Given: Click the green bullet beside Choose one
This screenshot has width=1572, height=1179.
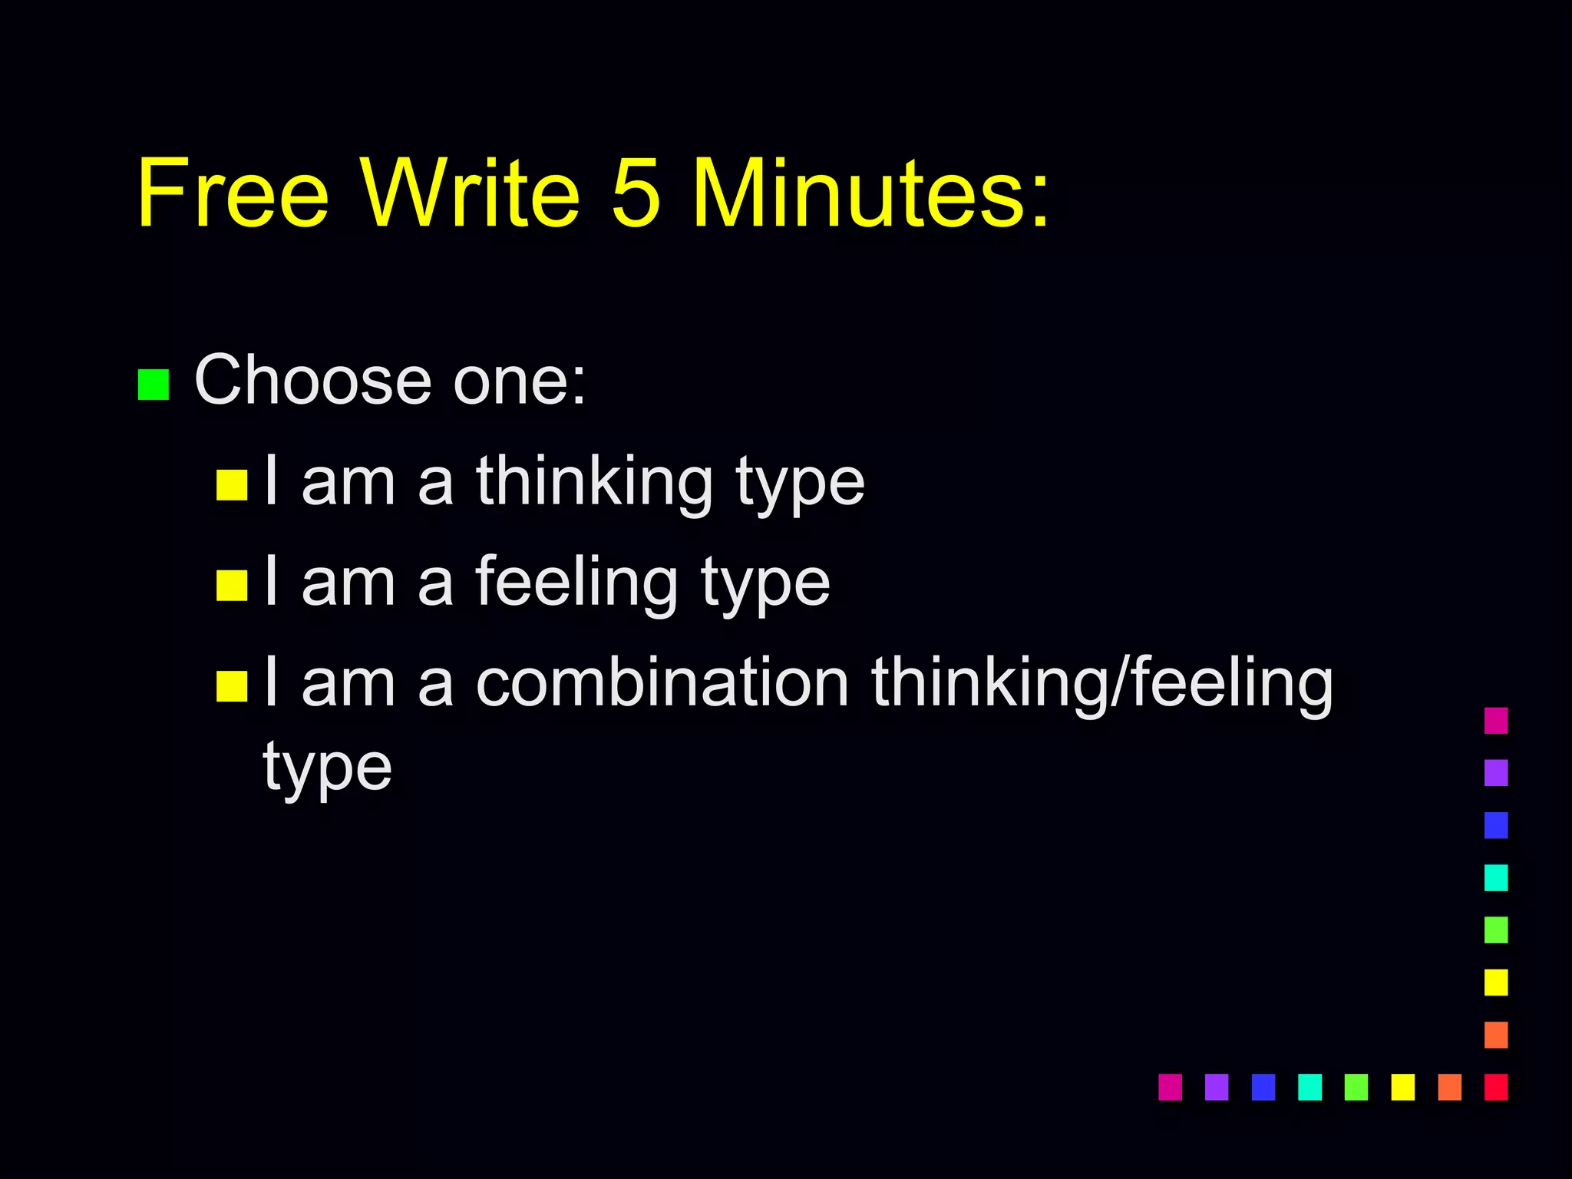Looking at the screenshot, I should [x=153, y=385].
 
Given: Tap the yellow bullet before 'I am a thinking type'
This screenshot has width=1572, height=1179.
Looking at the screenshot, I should [x=232, y=485].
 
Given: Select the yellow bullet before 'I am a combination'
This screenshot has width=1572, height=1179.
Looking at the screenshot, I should [x=232, y=686].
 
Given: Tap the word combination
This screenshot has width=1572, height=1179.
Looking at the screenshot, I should [x=662, y=683].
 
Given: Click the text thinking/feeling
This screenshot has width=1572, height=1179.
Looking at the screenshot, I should [x=1101, y=683].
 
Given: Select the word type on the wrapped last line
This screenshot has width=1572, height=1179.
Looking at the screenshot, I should [x=328, y=768].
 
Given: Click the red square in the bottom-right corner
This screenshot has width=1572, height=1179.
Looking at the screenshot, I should [x=1496, y=1087].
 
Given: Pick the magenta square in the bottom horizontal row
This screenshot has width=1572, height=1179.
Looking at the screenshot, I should [x=1170, y=1087].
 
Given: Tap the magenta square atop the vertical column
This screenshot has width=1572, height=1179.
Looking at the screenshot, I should [x=1496, y=721].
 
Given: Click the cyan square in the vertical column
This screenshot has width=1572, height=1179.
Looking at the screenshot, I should [x=1496, y=877].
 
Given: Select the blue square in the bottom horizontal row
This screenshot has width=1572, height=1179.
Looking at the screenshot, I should [x=1263, y=1087].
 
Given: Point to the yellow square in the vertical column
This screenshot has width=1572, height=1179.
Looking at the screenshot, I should [x=1496, y=982].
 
